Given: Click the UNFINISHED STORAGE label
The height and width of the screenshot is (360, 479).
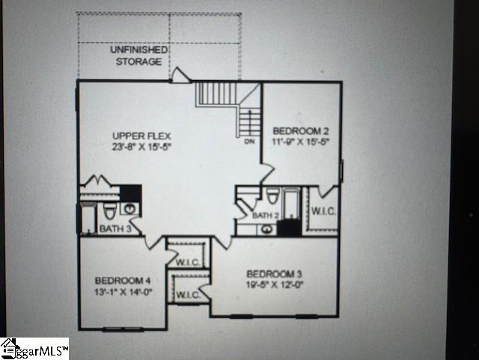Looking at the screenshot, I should tap(138, 55).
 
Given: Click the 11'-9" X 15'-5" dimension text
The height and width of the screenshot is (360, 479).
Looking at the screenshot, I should tap(300, 140).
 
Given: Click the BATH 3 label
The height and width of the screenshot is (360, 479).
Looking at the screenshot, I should tap(116, 228).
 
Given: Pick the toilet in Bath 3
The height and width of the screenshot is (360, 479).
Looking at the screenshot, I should tap(109, 210).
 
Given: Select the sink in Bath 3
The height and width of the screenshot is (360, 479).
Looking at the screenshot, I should tap(129, 208).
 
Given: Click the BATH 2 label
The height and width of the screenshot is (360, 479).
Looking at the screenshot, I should tap(265, 216).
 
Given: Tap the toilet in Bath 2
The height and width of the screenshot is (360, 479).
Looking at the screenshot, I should tap(272, 198).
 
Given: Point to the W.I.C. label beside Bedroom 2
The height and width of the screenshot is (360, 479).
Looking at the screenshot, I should tap(323, 211).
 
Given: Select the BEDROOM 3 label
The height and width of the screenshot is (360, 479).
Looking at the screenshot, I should tap(275, 272).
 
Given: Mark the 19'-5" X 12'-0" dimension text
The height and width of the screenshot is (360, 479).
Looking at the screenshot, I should tap(275, 284).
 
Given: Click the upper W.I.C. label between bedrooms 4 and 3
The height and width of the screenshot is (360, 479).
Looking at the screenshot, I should tap(186, 263).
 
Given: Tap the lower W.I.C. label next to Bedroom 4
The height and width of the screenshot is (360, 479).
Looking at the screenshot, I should tap(187, 295).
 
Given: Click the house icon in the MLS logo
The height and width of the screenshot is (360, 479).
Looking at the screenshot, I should tap(10, 347).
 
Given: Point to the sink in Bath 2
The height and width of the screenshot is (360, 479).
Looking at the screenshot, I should tap(267, 229).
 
